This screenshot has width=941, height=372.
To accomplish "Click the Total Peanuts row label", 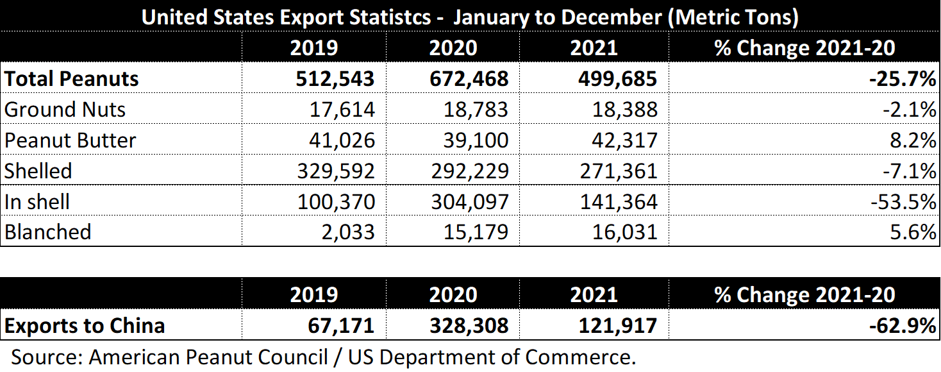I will (71, 79).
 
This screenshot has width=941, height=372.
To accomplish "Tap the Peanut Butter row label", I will (70, 140).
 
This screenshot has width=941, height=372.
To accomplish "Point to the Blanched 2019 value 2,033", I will (349, 232).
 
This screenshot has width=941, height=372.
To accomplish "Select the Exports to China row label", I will (85, 325).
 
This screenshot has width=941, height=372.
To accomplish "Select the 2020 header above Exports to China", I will (453, 294).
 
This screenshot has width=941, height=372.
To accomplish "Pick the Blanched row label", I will (48, 232).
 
